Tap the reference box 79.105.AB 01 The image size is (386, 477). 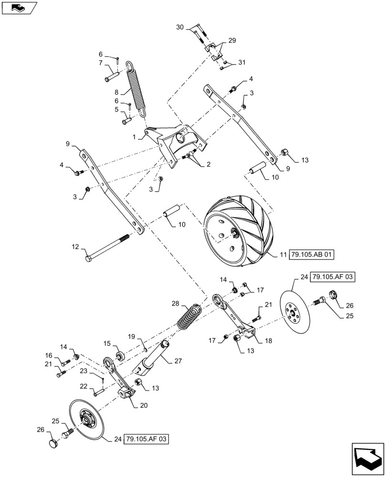[311, 255]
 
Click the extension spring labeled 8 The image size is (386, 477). [137, 88]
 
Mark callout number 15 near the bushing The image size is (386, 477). [107, 343]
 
